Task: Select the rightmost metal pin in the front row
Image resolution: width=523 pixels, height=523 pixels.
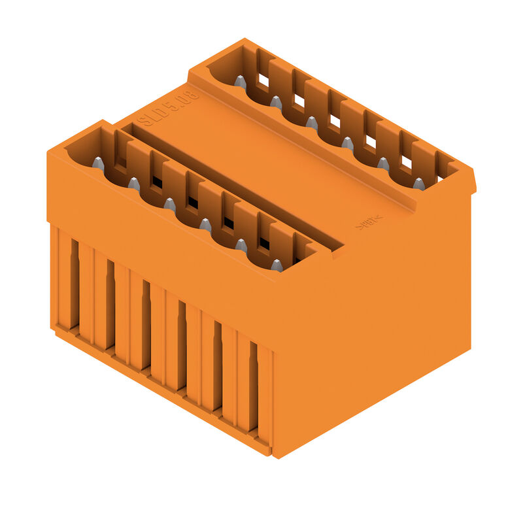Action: point(277,265)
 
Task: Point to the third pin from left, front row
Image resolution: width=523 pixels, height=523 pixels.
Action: point(169,205)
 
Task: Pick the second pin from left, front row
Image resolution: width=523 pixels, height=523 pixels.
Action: point(133,184)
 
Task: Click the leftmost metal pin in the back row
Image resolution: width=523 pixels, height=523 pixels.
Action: point(241,82)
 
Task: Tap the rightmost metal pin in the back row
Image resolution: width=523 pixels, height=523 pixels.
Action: point(418,184)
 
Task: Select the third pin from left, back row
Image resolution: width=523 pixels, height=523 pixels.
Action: point(312,123)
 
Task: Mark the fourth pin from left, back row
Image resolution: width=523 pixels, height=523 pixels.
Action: point(347,143)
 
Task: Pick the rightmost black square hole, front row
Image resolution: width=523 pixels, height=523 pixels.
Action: point(264,243)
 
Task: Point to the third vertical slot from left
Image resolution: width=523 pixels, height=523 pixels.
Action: point(146,324)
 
